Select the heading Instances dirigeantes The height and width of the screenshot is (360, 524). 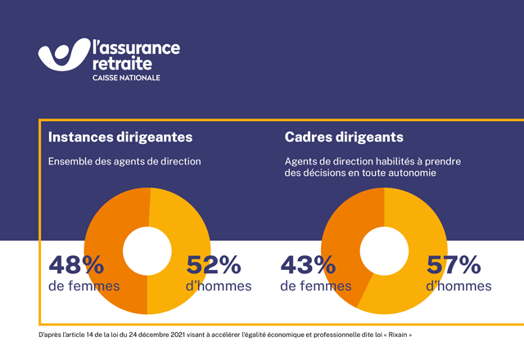tap(120, 137)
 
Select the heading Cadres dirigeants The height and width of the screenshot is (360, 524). tap(344, 137)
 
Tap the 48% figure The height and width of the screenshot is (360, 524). tap(76, 265)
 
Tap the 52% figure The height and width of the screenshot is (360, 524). tap(214, 265)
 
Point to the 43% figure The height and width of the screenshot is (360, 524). tap(309, 265)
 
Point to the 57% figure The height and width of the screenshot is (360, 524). tap(453, 265)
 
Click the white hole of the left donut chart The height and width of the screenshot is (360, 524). tap(147, 251)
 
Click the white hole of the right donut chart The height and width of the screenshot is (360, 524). tap(383, 251)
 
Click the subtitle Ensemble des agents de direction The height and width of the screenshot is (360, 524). tap(125, 161)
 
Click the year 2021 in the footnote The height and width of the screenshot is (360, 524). tap(165, 335)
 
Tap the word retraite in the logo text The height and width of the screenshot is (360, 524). tap(124, 62)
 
